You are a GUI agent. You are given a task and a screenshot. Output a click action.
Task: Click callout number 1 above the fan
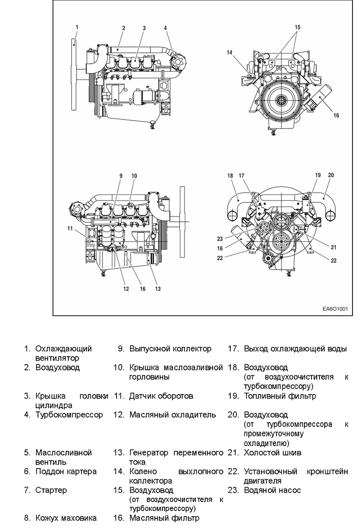77,27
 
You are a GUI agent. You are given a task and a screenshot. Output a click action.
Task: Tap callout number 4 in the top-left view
165,28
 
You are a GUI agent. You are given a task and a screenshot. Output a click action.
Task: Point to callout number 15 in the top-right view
297,27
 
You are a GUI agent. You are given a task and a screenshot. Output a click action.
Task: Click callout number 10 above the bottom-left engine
134,175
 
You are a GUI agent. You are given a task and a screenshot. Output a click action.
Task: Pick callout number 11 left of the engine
70,228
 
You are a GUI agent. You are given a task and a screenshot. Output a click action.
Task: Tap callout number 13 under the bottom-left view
157,289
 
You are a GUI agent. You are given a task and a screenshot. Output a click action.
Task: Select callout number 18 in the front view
230,175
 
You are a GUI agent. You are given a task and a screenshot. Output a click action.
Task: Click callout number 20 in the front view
331,175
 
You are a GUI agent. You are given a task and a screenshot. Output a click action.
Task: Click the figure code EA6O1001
335,309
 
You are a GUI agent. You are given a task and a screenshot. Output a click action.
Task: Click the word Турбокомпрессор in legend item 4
69,415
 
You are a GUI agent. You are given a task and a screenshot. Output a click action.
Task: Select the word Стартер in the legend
51,490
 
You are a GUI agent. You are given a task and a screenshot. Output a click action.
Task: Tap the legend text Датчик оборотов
161,396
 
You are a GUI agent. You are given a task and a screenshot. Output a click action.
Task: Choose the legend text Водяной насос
272,490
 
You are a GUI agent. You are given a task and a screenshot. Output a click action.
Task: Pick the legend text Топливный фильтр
280,396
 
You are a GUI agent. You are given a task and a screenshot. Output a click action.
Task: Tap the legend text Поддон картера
66,471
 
